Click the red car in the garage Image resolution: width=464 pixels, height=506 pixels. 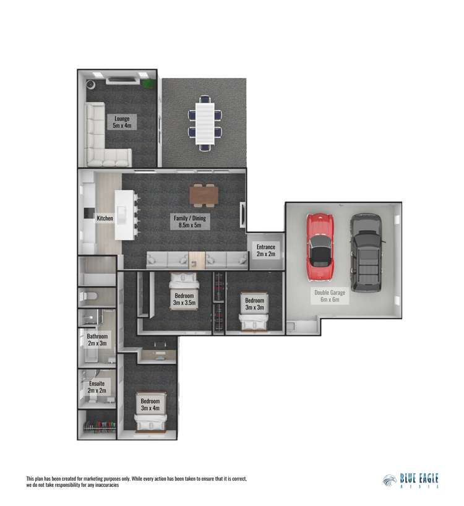click(320, 247)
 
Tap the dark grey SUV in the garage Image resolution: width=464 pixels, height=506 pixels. click(365, 253)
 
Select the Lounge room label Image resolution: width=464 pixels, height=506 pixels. click(121, 121)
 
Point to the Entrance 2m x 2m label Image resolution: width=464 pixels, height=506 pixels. click(265, 251)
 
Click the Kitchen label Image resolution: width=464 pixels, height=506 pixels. click(105, 218)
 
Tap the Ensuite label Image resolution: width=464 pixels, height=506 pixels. click(97, 387)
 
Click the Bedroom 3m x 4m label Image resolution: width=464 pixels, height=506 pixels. click(150, 405)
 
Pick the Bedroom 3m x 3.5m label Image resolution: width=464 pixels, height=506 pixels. click(184, 299)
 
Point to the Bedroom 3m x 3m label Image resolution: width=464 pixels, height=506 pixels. click(254, 304)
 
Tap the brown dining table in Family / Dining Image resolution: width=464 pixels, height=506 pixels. click(204, 195)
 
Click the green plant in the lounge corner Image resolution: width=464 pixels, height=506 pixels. click(148, 82)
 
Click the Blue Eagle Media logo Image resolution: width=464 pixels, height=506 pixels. click(411, 481)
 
